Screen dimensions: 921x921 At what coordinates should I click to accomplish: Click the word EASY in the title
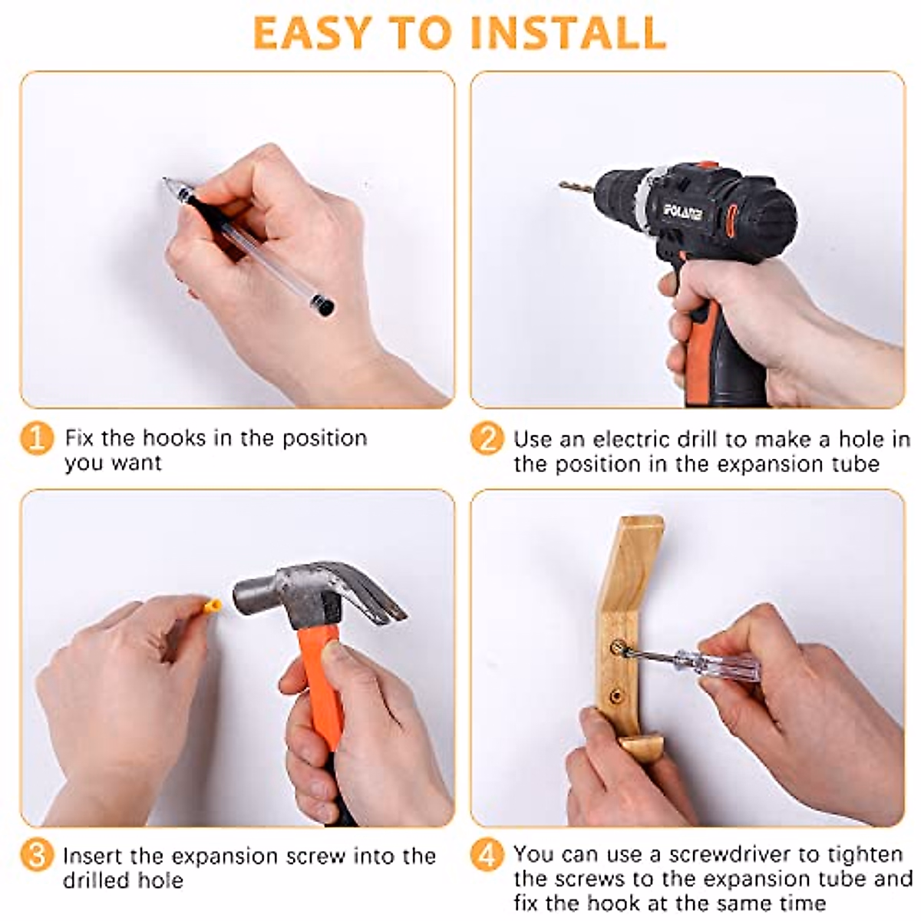coord(311,32)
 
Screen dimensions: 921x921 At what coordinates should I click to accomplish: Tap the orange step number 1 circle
coord(37,438)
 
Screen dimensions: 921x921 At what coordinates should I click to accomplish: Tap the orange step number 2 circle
coord(487,438)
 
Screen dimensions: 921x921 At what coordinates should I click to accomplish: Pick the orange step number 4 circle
coord(487,854)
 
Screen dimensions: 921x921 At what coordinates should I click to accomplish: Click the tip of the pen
coord(165,180)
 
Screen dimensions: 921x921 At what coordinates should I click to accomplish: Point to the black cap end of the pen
coord(323,305)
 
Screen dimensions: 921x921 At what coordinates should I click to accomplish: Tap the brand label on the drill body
coord(683,211)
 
